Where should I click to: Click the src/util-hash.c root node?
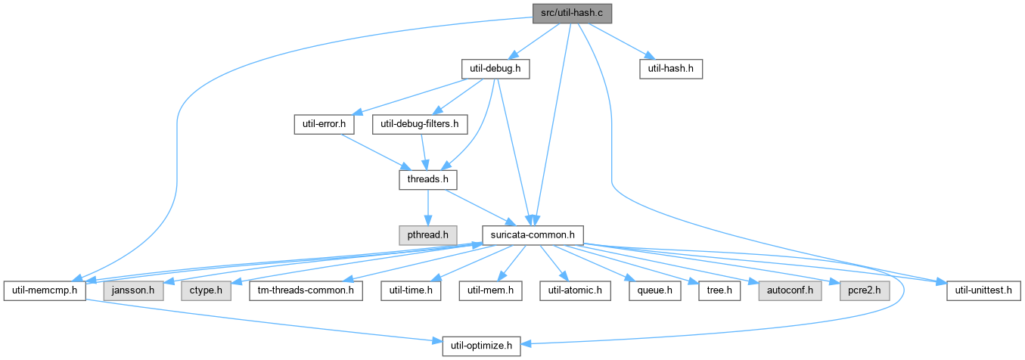click(572, 14)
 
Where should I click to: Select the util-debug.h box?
click(495, 69)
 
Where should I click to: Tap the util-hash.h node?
click(671, 69)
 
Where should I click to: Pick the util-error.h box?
click(324, 125)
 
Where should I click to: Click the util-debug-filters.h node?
click(420, 125)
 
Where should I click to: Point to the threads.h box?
click(428, 180)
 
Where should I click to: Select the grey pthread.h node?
click(428, 235)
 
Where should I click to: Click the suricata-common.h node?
click(533, 235)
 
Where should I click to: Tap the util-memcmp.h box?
click(45, 291)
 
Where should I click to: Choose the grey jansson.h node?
click(133, 291)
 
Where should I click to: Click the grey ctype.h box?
click(206, 291)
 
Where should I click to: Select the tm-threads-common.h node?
click(306, 291)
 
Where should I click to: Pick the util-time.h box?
click(411, 291)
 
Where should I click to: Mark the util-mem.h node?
click(490, 291)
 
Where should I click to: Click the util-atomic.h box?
click(575, 291)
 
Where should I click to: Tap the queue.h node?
click(655, 291)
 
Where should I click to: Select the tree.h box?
click(719, 291)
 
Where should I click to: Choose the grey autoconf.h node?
click(790, 291)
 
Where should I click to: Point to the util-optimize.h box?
click(481, 346)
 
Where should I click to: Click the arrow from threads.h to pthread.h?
click(428, 207)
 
